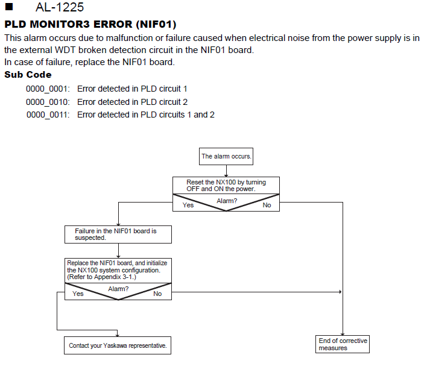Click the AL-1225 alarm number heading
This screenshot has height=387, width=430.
coord(60,7)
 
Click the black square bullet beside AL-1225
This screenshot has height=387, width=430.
coord(9,7)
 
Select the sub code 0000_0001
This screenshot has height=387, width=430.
coord(48,89)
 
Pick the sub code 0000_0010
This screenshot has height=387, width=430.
coord(48,102)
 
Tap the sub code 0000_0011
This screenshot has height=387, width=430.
coord(48,115)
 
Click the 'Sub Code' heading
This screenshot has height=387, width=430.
coord(28,75)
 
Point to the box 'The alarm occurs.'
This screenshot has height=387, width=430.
coord(226,156)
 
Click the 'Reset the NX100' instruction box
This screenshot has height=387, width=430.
coord(226,186)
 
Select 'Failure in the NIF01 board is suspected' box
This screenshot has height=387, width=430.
coord(118,234)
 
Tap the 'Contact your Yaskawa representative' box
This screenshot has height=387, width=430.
coord(118,345)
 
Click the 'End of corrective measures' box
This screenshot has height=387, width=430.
coord(343,344)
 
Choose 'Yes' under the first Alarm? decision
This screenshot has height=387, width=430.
coord(188,205)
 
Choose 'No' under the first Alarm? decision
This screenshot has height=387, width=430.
coord(267,205)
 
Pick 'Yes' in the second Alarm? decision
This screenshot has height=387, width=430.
coord(78,294)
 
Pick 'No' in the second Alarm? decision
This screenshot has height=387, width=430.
coord(157,294)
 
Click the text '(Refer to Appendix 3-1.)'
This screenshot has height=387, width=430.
coord(101,277)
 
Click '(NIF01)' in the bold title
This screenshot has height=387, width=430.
coord(156,24)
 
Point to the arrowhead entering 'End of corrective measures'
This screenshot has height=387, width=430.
coord(343,334)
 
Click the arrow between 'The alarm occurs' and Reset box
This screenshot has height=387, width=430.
coord(226,171)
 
